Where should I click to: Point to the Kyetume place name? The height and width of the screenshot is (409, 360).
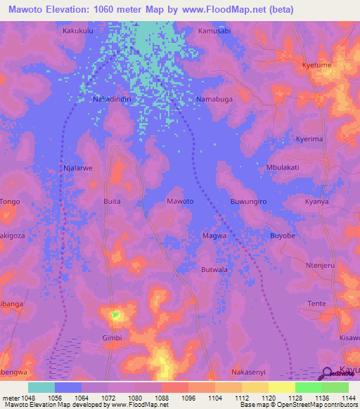(x=316, y=65)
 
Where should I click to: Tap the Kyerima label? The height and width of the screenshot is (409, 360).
(x=309, y=139)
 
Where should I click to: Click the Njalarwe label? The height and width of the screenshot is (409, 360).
(x=77, y=169)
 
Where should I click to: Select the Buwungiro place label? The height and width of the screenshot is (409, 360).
(x=250, y=201)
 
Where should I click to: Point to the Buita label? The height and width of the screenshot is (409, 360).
(x=112, y=201)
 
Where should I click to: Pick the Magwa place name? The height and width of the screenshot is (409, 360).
(x=214, y=235)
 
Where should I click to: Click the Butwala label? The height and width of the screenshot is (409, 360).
(x=214, y=269)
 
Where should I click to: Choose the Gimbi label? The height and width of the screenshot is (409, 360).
(x=112, y=337)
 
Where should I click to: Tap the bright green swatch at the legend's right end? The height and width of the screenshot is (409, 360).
(x=335, y=387)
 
